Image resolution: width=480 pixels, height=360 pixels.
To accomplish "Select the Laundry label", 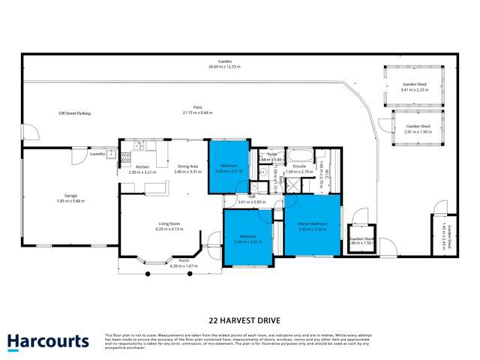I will pyautogui.click(x=97, y=154).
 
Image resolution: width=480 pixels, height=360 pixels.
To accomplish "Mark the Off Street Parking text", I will pyautogui.click(x=75, y=113).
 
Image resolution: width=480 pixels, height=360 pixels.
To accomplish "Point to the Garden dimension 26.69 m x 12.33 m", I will pyautogui.click(x=224, y=67).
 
